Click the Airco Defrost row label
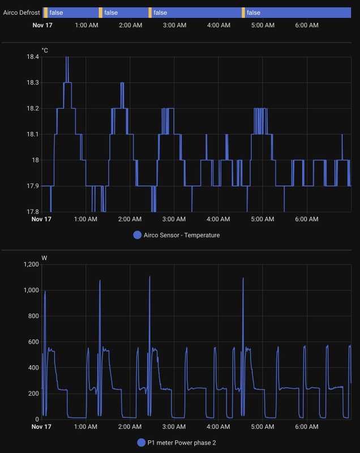21,12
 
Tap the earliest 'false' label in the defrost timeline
56,12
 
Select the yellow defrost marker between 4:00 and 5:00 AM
243,12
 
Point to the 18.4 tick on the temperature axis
31,57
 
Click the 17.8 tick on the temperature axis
31,212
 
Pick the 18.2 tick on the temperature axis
31,108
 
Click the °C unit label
45,51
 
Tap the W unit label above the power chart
44,258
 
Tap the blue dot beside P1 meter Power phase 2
141,442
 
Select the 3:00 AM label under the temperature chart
174,219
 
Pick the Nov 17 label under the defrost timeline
42,25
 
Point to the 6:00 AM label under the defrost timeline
306,25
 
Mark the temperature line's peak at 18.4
67,57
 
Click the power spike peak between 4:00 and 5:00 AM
243,278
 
